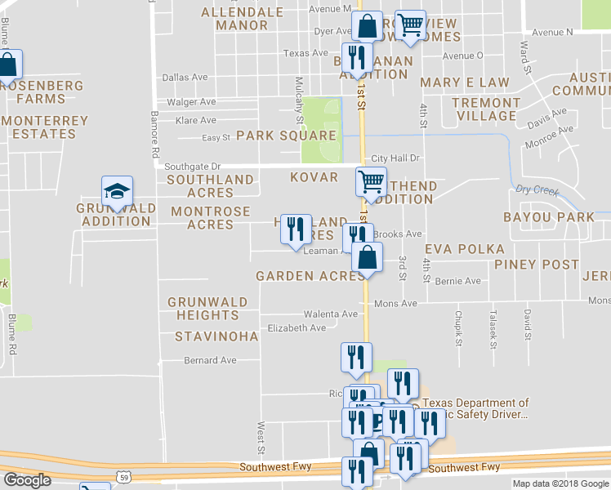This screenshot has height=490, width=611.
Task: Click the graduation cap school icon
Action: coord(117,192)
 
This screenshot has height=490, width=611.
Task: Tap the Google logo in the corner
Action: coord(27,479)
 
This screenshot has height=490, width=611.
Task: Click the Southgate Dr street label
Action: coord(193,166)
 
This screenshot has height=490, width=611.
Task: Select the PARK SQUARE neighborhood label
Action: coord(287,136)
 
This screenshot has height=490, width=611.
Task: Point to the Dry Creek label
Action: coord(537,191)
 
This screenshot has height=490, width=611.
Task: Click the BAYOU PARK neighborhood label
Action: coord(549,217)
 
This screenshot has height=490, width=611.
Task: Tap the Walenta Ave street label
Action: coord(331,314)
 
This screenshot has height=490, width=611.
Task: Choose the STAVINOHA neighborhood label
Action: coord(216,336)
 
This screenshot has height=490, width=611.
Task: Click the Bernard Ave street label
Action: coord(210,360)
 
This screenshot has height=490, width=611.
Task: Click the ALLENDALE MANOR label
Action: coord(234,19)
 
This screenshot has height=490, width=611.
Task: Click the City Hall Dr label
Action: coord(395,158)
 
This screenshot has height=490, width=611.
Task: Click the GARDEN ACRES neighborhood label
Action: coord(310,276)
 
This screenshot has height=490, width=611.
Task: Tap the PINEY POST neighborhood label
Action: coord(536,264)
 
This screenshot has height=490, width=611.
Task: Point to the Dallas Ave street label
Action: coord(185,78)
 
